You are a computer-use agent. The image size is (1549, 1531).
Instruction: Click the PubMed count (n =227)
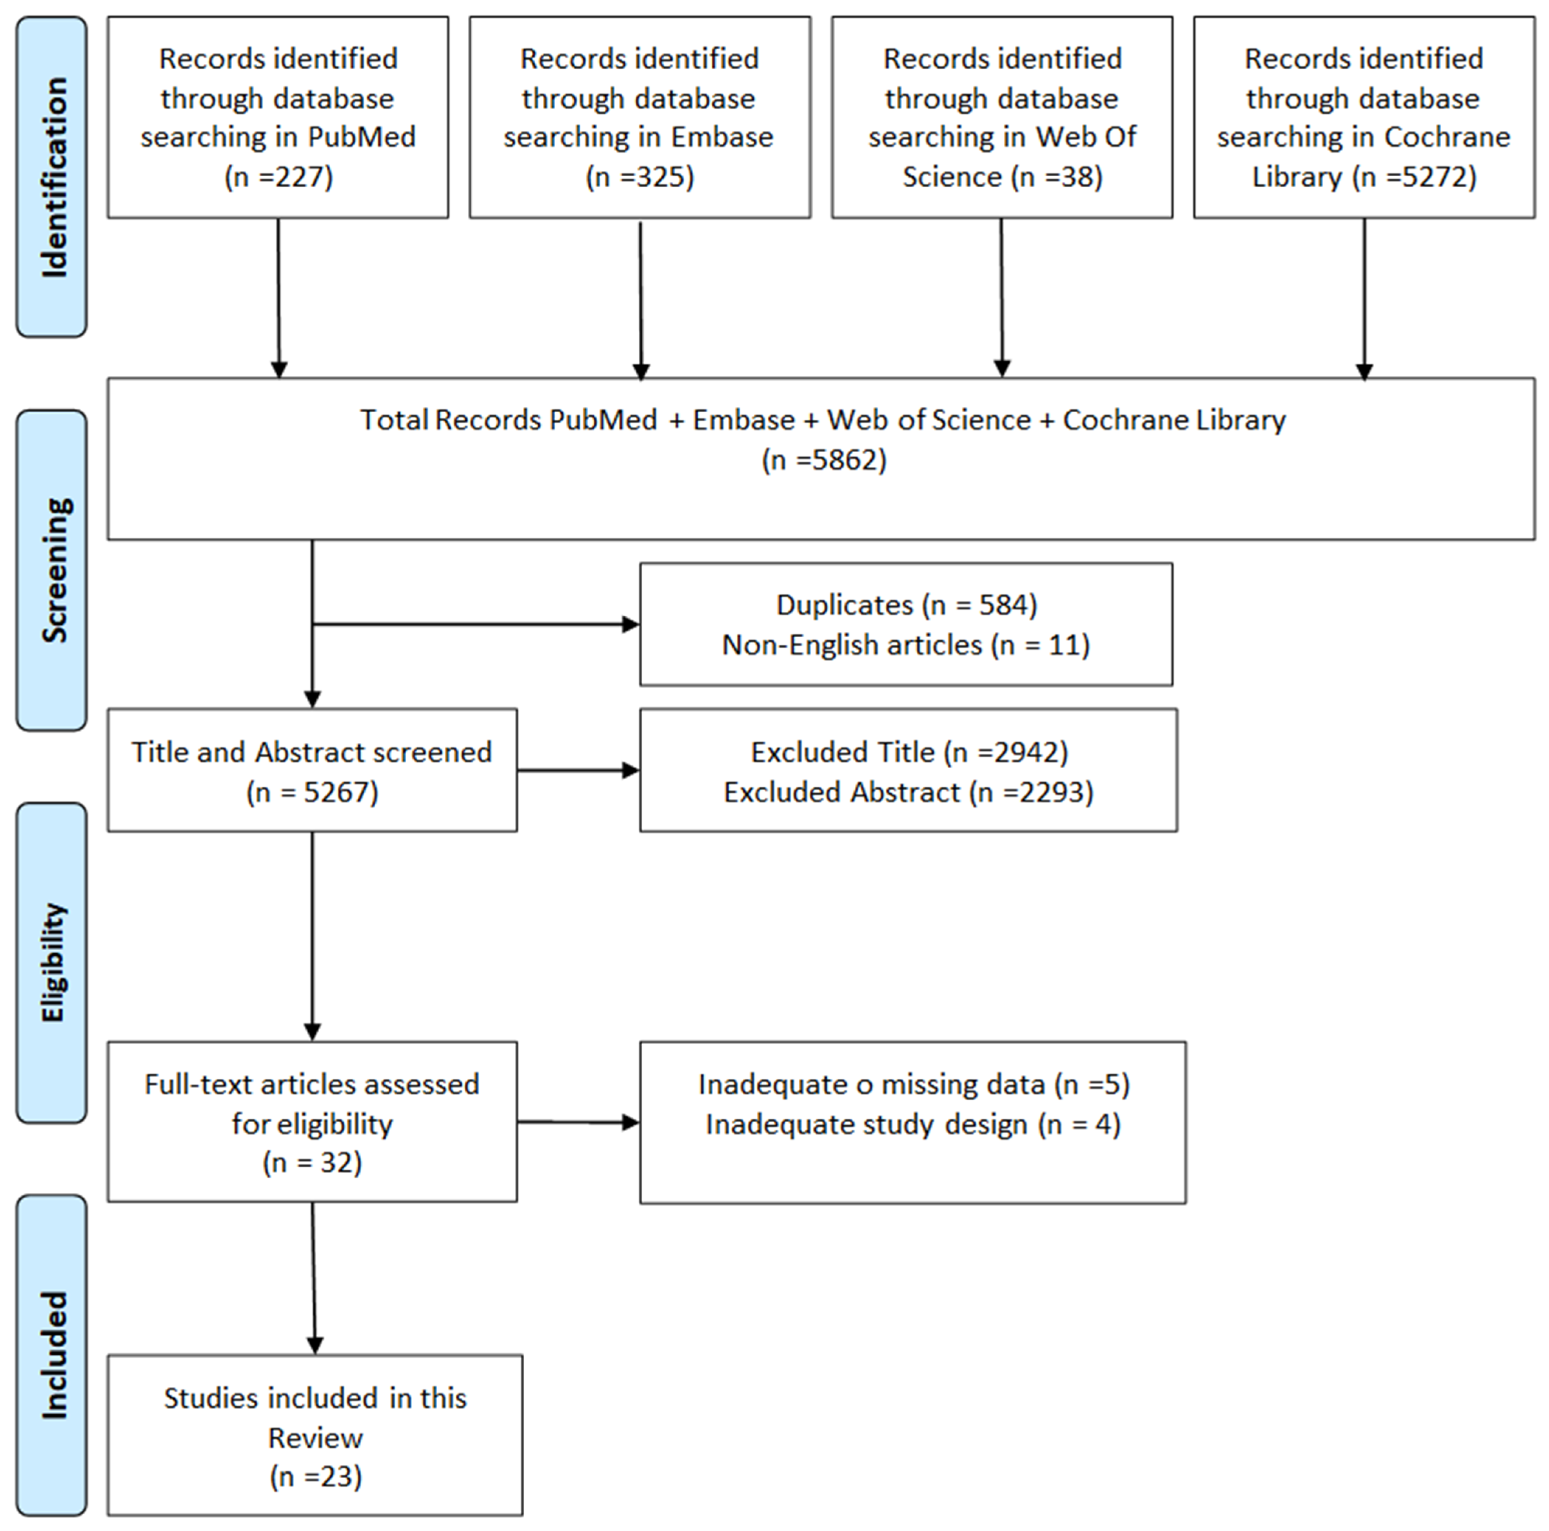click(278, 176)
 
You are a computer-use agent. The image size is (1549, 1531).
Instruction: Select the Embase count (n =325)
click(640, 176)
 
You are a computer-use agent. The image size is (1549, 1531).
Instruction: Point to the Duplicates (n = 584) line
click(906, 605)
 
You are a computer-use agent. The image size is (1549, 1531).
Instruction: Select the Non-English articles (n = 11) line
click(906, 645)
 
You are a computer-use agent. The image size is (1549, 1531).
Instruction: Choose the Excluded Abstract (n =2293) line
click(909, 792)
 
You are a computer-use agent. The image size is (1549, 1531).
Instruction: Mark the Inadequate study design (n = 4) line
click(913, 1125)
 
